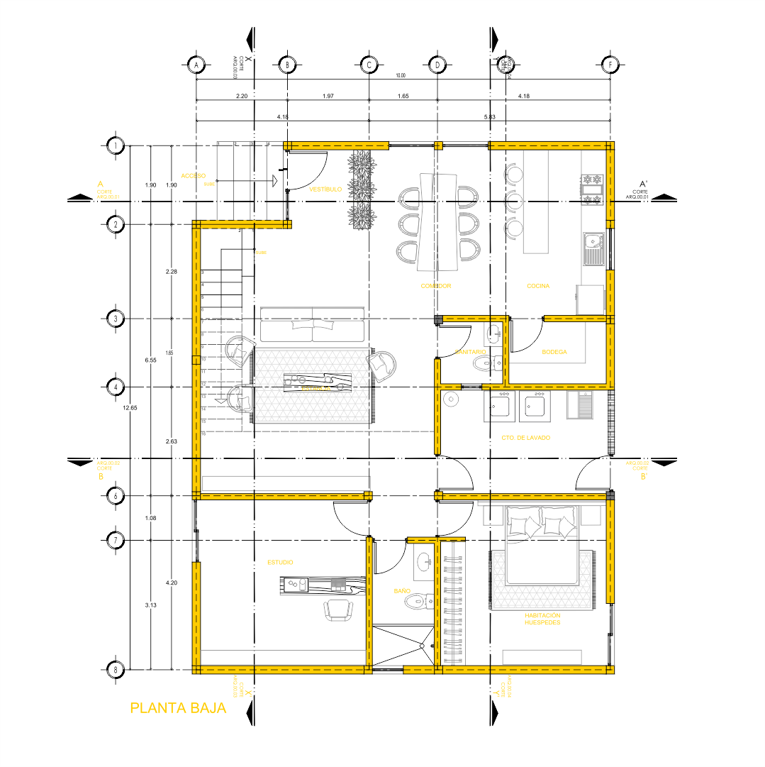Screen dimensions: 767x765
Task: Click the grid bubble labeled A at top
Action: point(196,65)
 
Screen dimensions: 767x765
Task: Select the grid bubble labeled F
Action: point(610,65)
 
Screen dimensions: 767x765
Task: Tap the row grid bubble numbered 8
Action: point(116,670)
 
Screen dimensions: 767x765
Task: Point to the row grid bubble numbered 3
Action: point(116,319)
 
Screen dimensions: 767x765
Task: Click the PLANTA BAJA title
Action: point(178,708)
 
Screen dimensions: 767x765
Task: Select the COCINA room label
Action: point(538,286)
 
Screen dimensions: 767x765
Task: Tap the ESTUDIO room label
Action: point(280,562)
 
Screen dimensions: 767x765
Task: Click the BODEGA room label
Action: point(554,352)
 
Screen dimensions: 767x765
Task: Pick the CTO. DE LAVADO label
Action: point(525,438)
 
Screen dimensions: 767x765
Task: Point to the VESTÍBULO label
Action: point(325,189)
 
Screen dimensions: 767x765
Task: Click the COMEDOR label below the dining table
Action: point(435,286)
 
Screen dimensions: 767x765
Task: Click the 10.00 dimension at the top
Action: point(401,75)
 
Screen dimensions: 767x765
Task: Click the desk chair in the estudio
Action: point(338,609)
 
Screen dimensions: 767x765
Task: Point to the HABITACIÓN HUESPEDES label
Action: point(542,619)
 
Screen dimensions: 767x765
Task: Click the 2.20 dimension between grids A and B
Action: point(241,95)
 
